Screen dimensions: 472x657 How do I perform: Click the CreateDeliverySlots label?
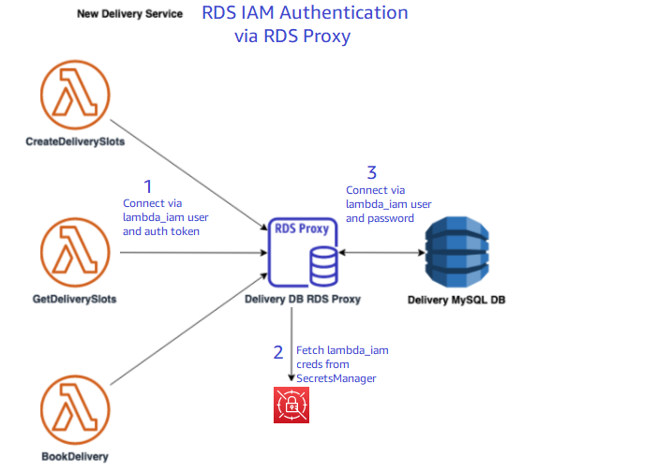(x=75, y=142)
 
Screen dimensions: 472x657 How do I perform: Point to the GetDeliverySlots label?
(x=74, y=299)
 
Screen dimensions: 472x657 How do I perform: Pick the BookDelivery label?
(x=74, y=457)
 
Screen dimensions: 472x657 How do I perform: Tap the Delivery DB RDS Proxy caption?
(x=302, y=299)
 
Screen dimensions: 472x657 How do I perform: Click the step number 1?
(x=146, y=184)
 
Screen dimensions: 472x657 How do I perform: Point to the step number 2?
(x=277, y=353)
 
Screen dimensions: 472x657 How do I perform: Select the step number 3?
(x=372, y=172)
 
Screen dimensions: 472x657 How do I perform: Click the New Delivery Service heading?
(x=129, y=14)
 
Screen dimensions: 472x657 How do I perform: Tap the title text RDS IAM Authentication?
(x=305, y=14)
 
